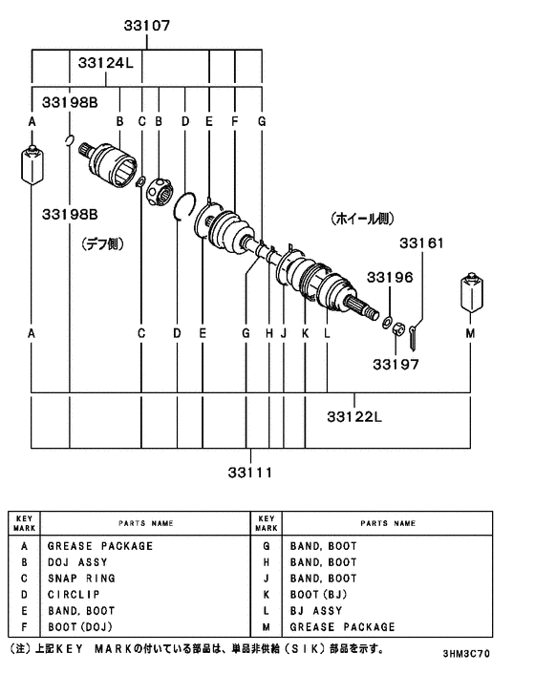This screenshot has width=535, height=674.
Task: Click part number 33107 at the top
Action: coord(146,27)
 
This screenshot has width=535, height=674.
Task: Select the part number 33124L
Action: coord(105,64)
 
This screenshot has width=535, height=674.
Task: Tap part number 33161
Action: coord(421,243)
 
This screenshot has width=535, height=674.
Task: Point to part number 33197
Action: coord(396,364)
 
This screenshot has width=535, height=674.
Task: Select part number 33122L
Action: coord(354,416)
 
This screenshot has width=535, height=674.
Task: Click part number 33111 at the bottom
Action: coord(250,472)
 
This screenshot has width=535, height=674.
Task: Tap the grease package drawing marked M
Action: coord(470,295)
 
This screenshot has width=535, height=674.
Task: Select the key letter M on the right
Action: coord(470,333)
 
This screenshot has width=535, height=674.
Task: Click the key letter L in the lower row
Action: coord(327,333)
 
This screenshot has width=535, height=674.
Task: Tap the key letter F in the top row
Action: coord(234,121)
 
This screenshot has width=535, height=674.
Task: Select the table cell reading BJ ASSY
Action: coord(316,611)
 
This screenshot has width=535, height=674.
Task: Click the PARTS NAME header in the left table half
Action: coord(145,524)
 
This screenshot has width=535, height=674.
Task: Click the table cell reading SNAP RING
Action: coord(81,579)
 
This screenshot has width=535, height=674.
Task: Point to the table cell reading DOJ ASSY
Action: coord(77,562)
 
